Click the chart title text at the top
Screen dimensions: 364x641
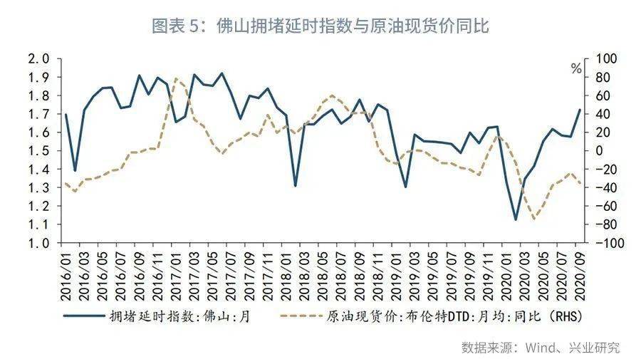click(320, 26)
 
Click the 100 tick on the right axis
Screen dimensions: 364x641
click(595, 58)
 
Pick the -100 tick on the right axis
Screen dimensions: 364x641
click(597, 243)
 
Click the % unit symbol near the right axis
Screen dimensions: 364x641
click(576, 70)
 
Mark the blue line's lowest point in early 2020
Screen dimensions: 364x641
click(516, 219)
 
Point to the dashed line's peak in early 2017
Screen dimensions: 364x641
click(176, 78)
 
